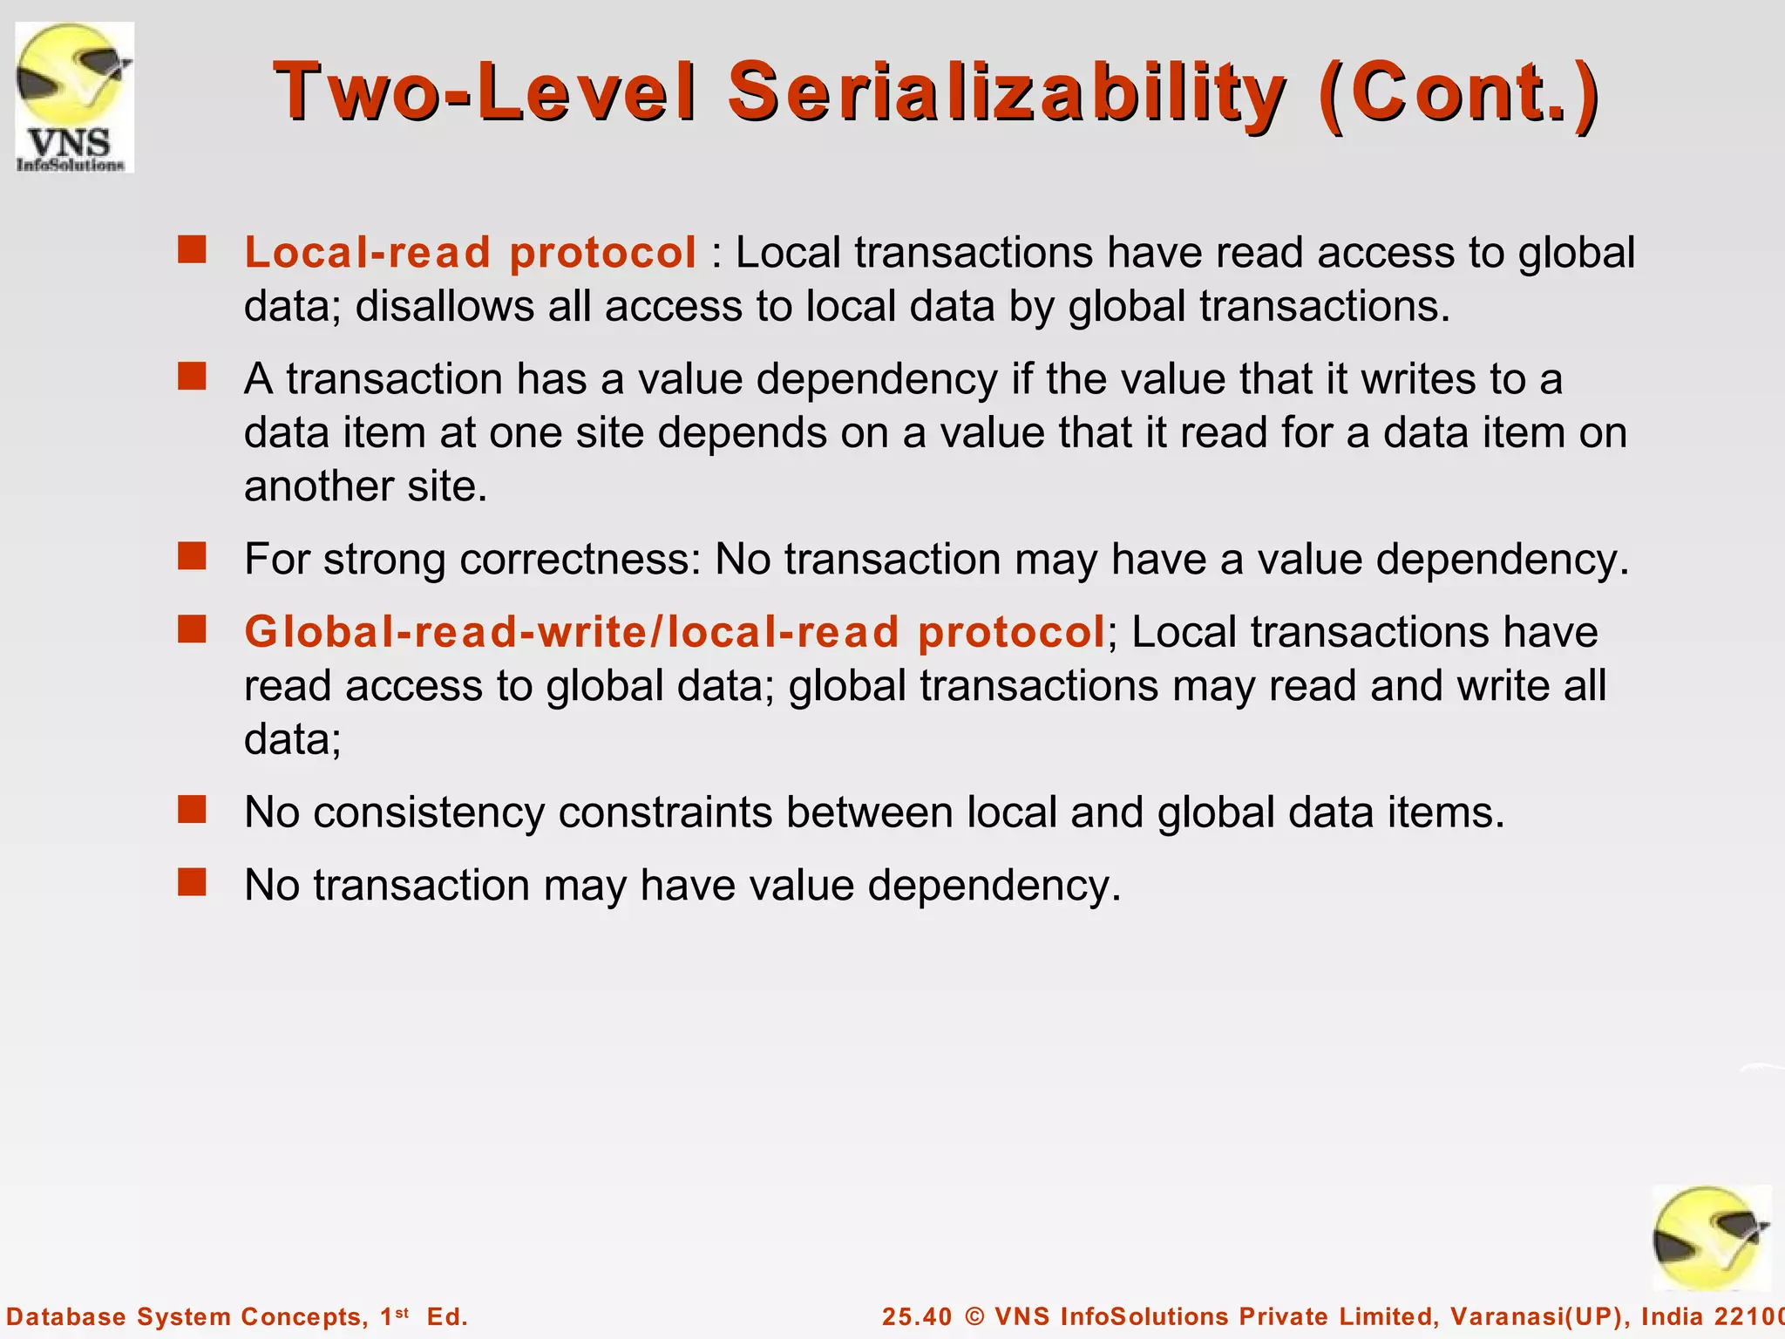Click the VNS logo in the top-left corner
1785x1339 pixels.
click(x=74, y=98)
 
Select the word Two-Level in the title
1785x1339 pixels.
click(x=485, y=92)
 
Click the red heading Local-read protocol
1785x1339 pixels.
click(x=470, y=253)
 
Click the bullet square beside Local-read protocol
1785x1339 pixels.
click(x=192, y=250)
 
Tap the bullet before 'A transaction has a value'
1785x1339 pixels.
click(x=192, y=377)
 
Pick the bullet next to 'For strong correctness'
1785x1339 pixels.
click(x=192, y=556)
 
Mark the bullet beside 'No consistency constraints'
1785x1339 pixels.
click(x=192, y=810)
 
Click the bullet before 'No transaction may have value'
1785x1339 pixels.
click(x=192, y=882)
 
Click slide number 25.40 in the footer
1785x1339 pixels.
click(x=917, y=1316)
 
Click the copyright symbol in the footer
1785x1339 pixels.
click(x=974, y=1316)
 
